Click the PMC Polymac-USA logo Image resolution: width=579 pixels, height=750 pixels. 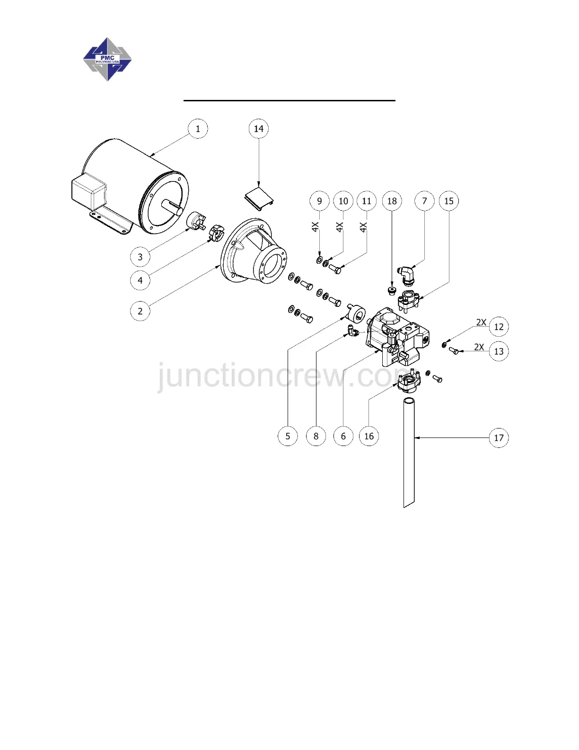107,59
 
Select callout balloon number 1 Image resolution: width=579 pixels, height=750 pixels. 198,129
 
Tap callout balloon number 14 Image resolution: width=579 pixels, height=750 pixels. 259,129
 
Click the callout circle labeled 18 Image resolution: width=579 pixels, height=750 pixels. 392,201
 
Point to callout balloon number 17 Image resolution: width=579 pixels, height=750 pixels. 499,438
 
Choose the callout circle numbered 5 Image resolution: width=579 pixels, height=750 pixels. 288,436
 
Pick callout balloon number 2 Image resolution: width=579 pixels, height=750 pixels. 140,311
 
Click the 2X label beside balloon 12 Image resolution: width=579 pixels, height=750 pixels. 481,322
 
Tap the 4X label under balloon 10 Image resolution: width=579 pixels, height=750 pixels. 340,227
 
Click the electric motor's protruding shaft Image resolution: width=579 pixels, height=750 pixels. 172,205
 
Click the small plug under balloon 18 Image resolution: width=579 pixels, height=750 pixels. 391,290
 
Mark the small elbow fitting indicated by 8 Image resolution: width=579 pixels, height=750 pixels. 352,331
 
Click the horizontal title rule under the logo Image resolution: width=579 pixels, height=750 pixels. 289,100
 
